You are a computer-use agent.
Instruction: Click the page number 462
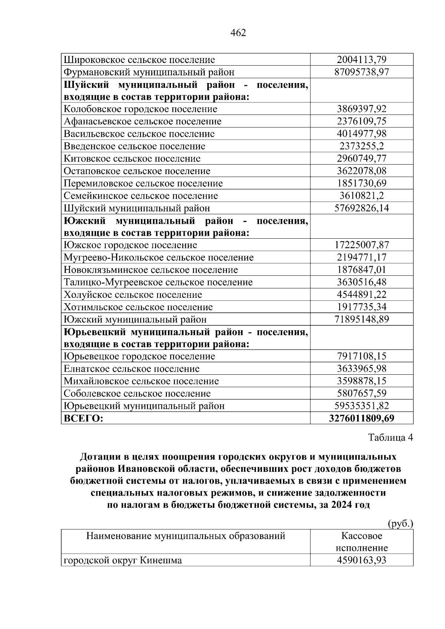[238, 33]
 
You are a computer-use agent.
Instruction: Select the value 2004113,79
[362, 60]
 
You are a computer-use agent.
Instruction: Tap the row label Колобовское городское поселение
[141, 109]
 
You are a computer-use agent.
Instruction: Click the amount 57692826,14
[362, 208]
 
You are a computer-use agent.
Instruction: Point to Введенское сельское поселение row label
[134, 146]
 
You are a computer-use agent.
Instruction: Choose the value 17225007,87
[362, 245]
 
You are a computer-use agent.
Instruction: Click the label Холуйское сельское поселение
[133, 295]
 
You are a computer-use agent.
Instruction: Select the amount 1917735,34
[362, 307]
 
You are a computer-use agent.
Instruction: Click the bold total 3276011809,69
[362, 418]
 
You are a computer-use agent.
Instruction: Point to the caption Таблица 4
[390, 437]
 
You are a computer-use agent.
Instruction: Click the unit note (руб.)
[400, 523]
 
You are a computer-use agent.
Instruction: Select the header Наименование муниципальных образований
[185, 536]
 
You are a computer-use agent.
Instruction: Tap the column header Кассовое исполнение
[362, 542]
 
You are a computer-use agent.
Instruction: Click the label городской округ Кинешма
[123, 560]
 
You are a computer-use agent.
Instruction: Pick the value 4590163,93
[362, 560]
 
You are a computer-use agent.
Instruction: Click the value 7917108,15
[362, 356]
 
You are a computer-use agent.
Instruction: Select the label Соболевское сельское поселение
[137, 394]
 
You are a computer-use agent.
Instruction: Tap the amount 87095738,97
[362, 72]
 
